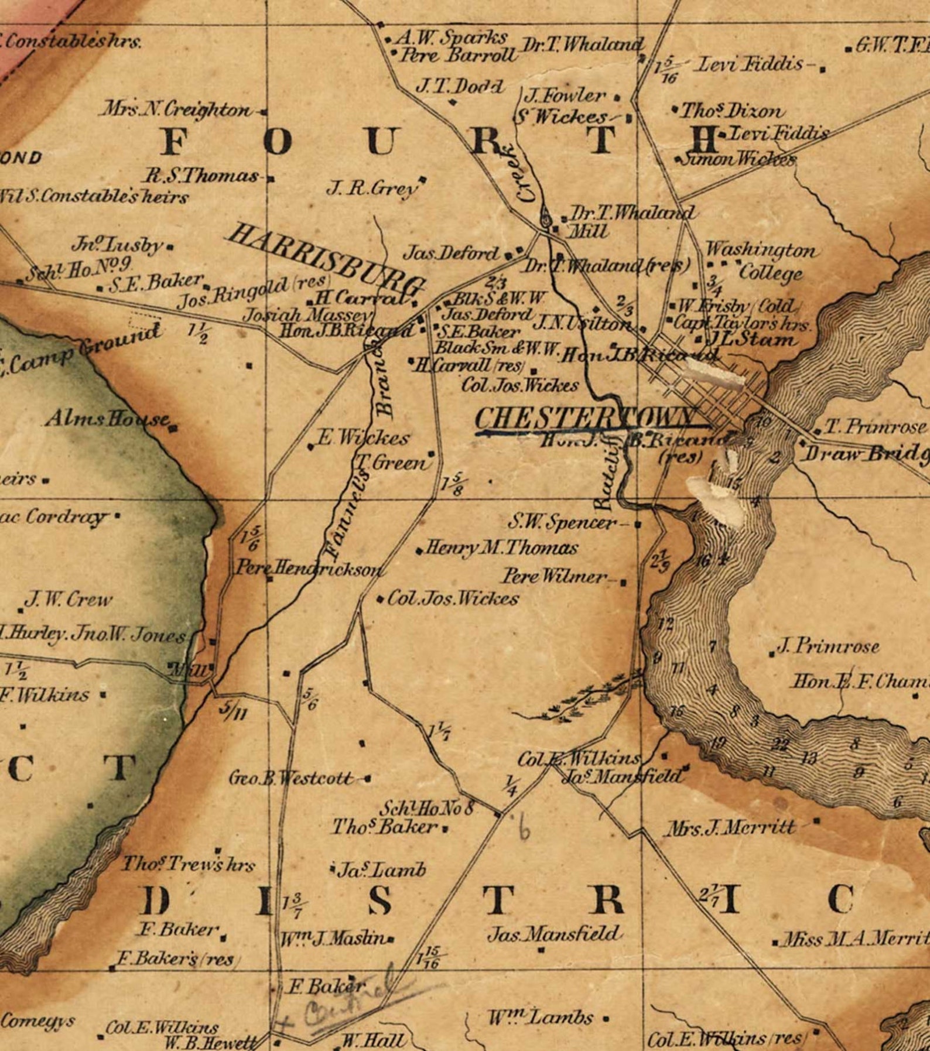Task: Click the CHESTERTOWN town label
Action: pos(586,419)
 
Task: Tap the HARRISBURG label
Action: pos(325,259)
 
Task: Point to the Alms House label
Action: pos(108,419)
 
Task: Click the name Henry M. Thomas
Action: pos(501,549)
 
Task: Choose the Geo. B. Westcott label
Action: pos(291,779)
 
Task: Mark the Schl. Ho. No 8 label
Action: pos(426,809)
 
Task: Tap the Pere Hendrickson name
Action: pos(309,568)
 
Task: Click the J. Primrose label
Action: pos(828,646)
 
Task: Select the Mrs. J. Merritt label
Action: pos(731,828)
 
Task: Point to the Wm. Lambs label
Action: pos(541,1018)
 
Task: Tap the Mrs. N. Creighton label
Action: pos(176,109)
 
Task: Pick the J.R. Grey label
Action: pos(372,189)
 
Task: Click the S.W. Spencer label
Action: pos(562,522)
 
